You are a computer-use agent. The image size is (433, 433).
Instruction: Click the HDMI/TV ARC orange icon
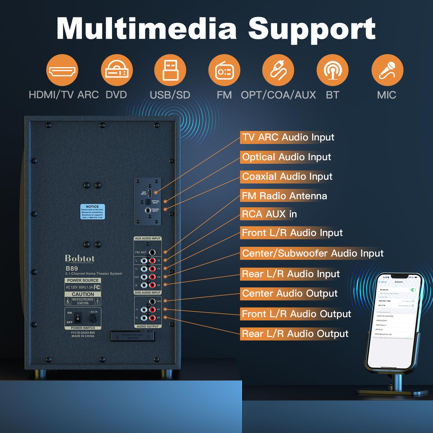coord(62,70)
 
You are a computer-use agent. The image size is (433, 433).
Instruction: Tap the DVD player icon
coord(117,70)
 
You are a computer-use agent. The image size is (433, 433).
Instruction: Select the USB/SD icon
coord(170,70)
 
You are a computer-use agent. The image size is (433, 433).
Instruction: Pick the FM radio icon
coord(224,70)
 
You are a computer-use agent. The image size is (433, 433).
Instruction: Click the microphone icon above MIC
coord(387,70)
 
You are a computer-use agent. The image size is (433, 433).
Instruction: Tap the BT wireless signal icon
coord(333,70)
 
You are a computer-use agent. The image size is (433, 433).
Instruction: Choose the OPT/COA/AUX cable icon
coord(278,70)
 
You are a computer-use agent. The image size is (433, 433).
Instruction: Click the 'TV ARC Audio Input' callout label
coord(288,137)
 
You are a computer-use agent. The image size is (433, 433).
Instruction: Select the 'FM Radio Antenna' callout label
coord(284,196)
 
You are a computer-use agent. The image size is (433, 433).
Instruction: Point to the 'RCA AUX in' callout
coord(269,214)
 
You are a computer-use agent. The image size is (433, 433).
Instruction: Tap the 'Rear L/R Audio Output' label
coord(295,334)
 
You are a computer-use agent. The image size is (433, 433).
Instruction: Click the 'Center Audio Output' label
coord(290,293)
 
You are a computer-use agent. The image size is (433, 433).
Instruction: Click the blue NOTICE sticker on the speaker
coord(93,212)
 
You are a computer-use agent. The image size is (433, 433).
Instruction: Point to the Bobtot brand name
coord(80,259)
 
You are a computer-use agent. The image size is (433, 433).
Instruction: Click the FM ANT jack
coord(152,252)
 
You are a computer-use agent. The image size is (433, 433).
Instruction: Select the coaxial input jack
coord(148,210)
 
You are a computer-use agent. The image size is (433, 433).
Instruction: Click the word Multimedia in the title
coord(146,29)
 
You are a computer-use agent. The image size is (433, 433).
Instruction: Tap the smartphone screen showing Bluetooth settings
coord(395,319)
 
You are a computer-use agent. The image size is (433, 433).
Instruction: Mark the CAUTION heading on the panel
coord(83,294)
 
